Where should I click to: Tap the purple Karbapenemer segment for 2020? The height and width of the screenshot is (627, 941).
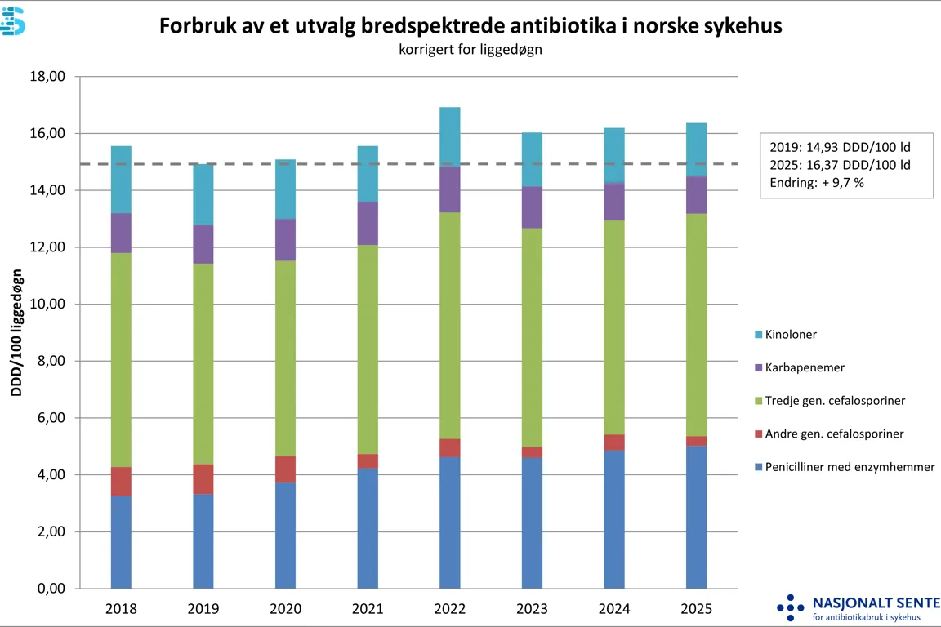coord(285,240)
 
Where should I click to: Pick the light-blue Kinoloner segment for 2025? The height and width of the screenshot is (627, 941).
coord(696,149)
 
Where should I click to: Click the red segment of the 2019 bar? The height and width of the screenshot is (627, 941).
coord(203,479)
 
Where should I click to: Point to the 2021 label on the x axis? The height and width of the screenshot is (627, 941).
coord(368,609)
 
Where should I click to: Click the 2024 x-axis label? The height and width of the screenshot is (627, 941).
coord(614,609)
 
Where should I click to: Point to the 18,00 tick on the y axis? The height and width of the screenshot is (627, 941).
coord(48,77)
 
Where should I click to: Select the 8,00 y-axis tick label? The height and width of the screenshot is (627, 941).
coord(48,361)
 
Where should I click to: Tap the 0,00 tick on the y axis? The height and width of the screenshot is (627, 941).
coord(48,589)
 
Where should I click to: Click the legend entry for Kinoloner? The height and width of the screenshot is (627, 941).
coord(791,335)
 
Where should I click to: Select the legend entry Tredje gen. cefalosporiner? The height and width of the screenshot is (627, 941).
coord(835,401)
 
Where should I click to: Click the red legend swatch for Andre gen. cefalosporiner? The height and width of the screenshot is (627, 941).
coord(759,434)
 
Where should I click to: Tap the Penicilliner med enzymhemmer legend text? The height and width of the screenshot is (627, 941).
coord(850,467)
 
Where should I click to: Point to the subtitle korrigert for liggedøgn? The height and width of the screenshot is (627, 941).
coord(471,49)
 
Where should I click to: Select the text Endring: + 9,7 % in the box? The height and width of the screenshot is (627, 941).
coord(817,183)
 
